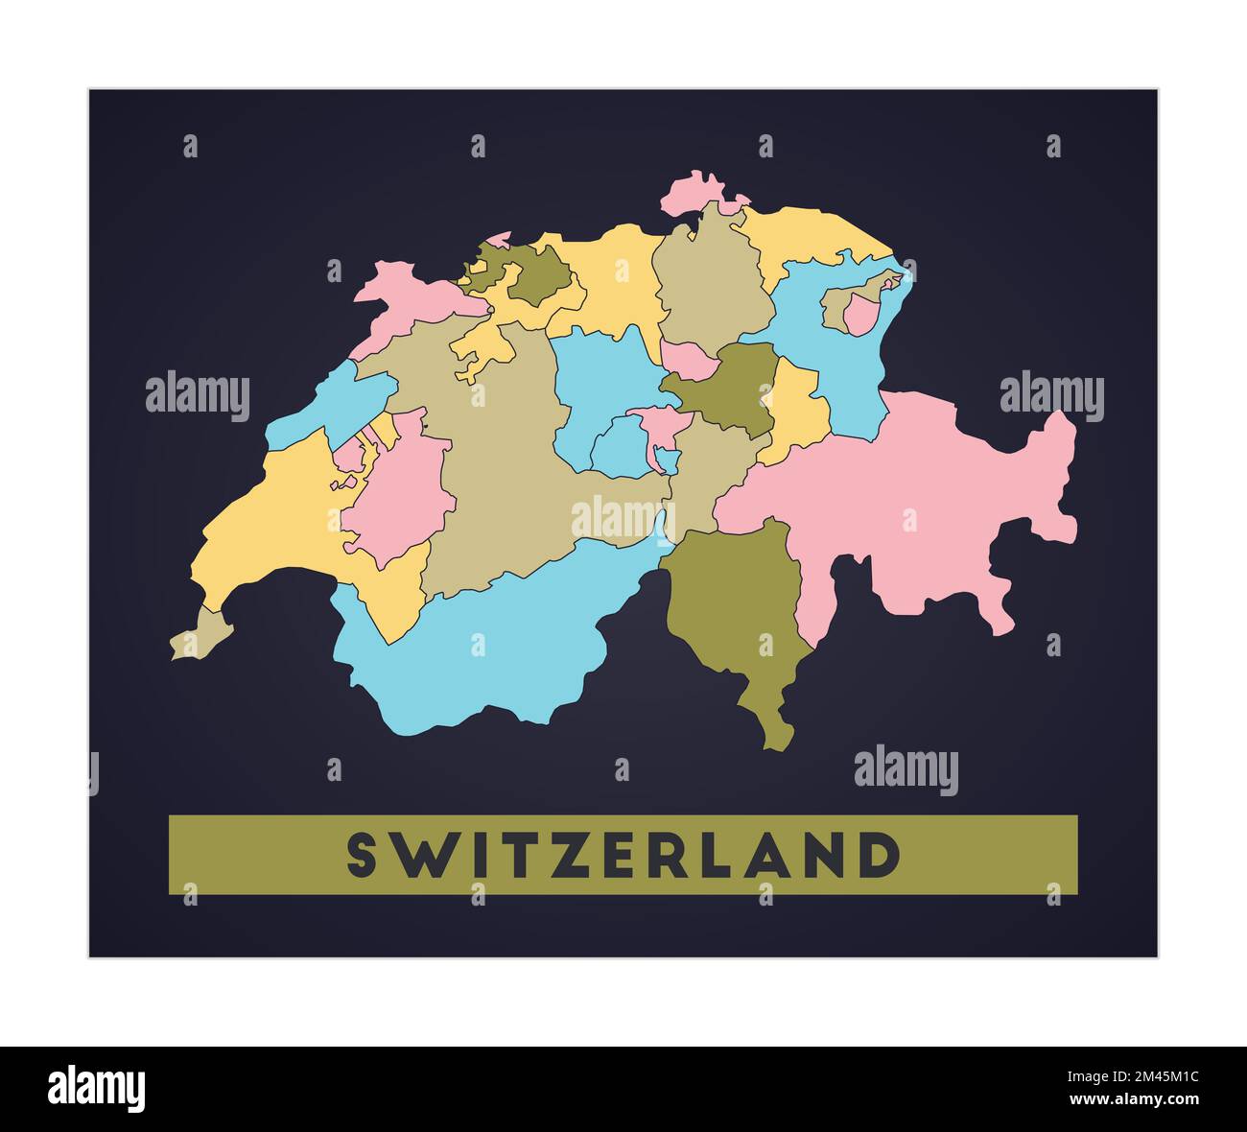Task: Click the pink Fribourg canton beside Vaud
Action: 393,489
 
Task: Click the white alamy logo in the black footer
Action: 97,1089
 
